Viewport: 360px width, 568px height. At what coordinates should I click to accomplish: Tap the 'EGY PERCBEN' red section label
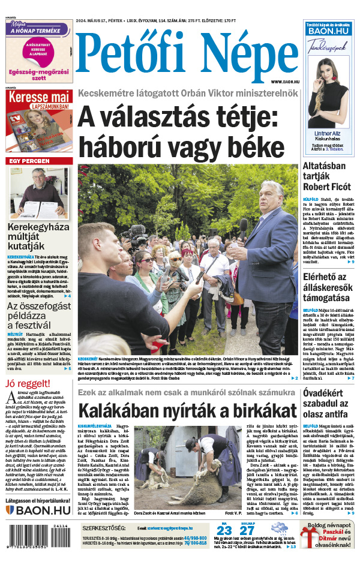click(x=29, y=161)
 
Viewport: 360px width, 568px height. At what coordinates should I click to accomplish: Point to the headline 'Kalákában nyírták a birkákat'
click(x=187, y=411)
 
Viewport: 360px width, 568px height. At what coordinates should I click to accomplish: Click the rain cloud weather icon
click(x=279, y=530)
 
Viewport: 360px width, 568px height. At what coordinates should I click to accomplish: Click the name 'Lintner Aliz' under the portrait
click(x=326, y=133)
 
